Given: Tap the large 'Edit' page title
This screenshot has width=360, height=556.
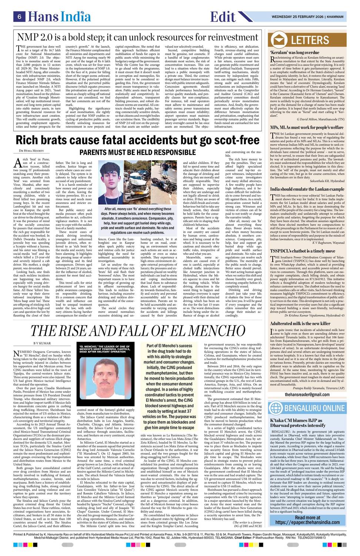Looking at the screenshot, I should (x=223, y=17).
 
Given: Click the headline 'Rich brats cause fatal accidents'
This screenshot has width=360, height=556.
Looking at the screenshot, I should (x=137, y=141).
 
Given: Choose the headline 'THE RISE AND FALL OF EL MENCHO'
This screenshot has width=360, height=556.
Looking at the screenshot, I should (x=137, y=331).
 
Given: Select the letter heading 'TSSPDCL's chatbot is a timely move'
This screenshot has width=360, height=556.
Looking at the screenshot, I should (x=303, y=251).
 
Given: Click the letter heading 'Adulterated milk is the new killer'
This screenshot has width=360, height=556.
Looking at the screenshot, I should (x=300, y=324).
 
